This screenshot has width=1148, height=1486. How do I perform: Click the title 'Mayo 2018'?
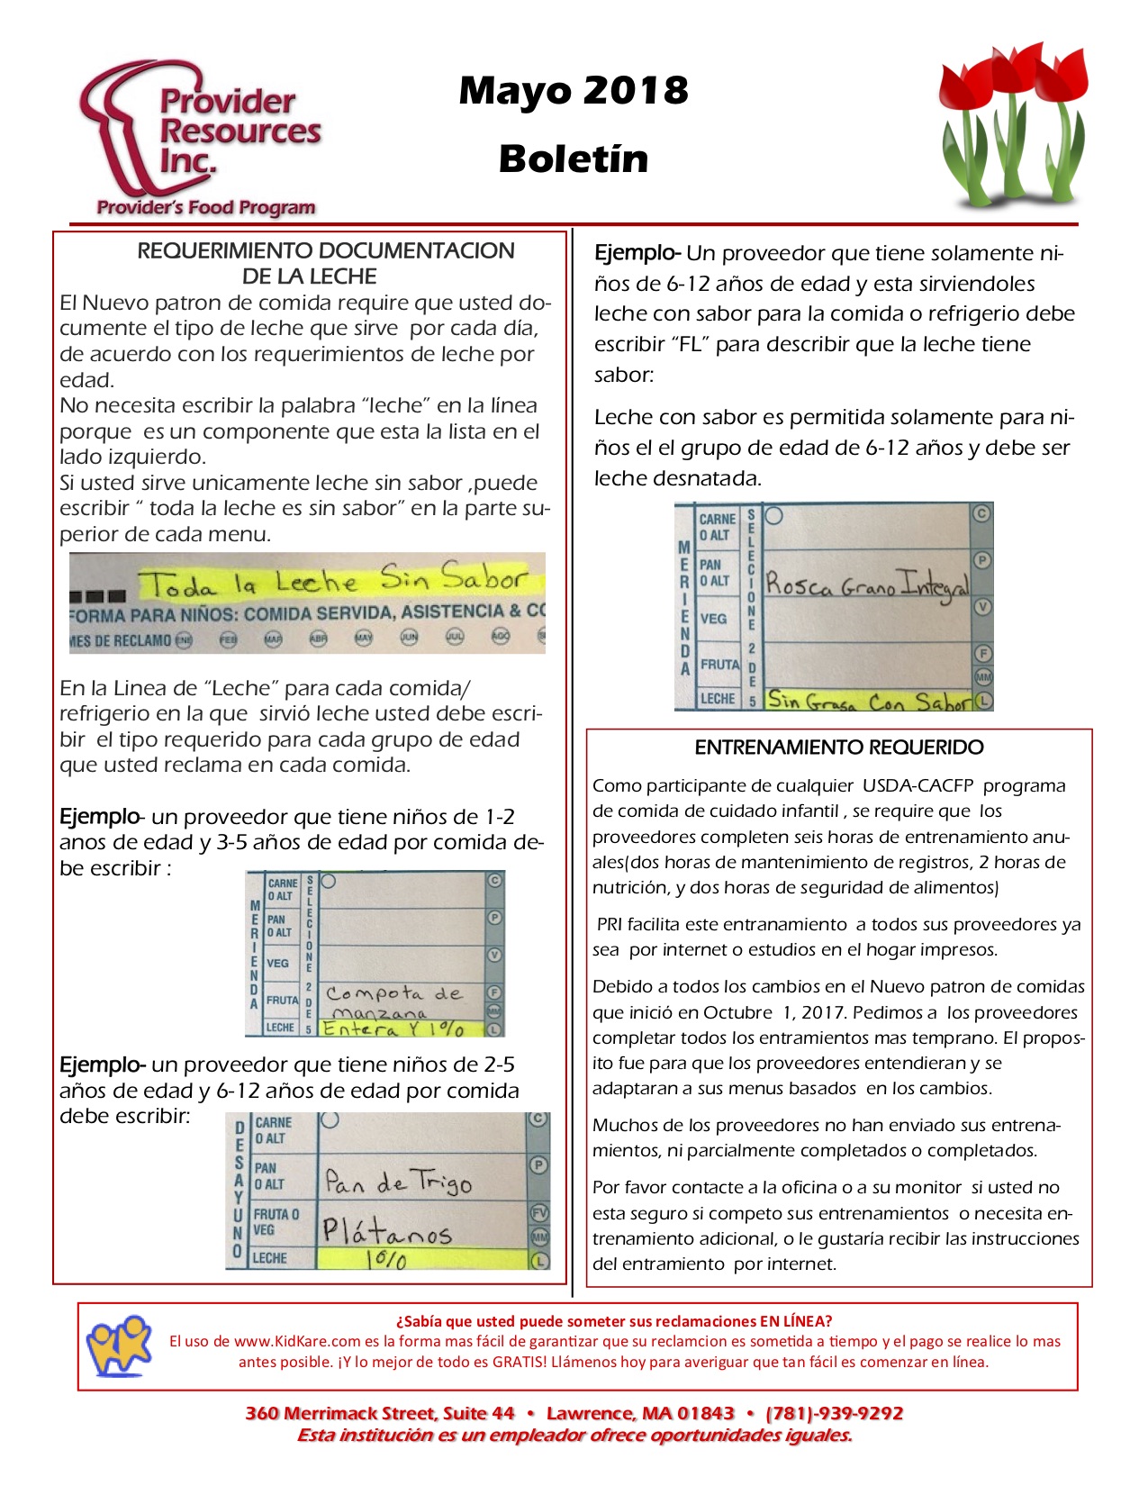[574, 90]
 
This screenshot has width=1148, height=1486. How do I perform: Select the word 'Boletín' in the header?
[574, 159]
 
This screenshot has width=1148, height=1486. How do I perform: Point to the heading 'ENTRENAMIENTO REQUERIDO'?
[838, 748]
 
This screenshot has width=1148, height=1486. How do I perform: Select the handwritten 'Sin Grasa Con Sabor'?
[869, 701]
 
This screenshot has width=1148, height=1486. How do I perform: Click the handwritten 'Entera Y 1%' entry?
[393, 1028]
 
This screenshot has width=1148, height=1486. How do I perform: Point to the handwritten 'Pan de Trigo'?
[398, 1181]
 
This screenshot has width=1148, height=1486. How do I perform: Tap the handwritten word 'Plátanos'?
[387, 1230]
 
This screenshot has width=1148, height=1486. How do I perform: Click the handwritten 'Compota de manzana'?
[394, 1001]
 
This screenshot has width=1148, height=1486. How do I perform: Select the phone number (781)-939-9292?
[834, 1413]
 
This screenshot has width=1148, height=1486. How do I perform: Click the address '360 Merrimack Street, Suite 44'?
[380, 1413]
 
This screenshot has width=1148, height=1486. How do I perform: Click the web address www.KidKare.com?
[296, 1342]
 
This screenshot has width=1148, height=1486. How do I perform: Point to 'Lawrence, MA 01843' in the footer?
[640, 1413]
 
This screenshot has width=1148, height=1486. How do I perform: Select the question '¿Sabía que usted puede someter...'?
[614, 1321]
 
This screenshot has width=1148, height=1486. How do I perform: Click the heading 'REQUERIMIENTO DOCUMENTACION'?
[325, 250]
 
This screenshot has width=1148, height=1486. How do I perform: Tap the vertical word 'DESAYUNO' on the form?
[239, 1189]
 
